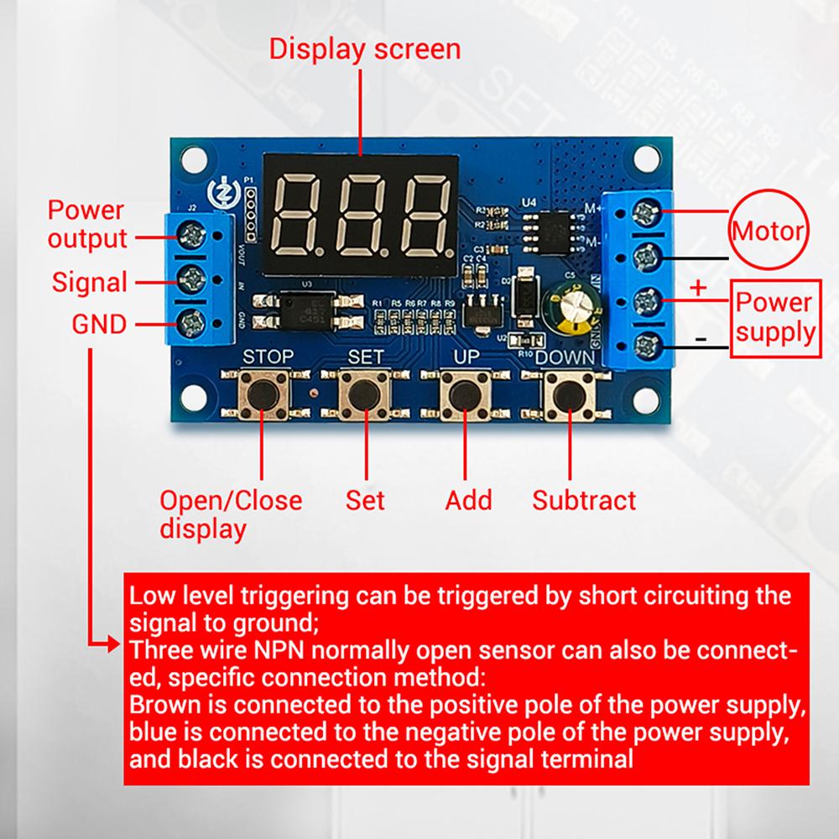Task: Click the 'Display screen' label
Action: [x=364, y=49]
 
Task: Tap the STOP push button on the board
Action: [x=263, y=393]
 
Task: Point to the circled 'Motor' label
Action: [x=769, y=230]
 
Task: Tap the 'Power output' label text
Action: [x=86, y=224]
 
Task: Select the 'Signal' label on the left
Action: [x=89, y=282]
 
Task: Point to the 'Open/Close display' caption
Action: [x=231, y=513]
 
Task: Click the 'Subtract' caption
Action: [x=584, y=501]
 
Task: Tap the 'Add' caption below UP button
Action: [x=468, y=501]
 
